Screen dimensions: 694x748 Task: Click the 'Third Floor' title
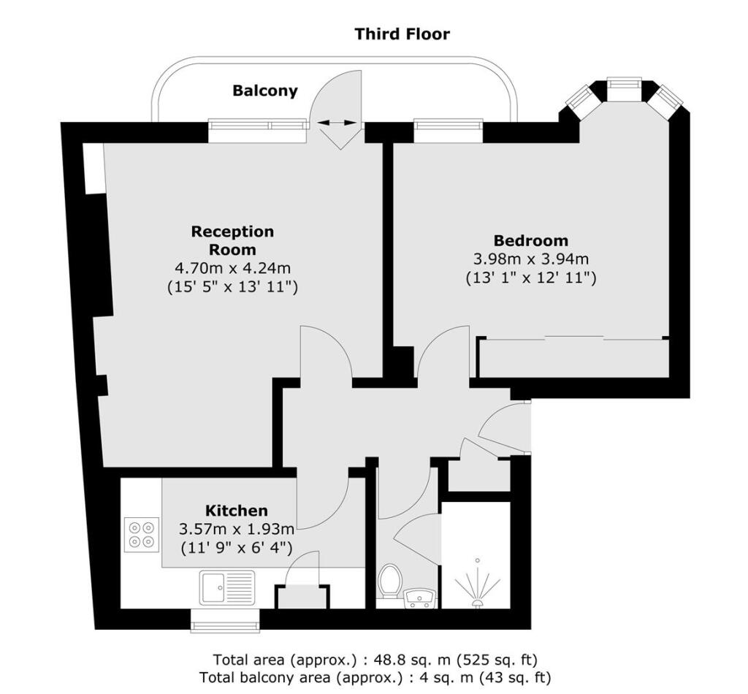[402, 34]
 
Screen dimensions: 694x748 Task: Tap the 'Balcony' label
[265, 91]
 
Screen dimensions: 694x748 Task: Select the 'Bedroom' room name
[530, 240]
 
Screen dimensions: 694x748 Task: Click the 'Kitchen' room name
[236, 510]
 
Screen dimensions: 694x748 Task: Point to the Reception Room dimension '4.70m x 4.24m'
[232, 268]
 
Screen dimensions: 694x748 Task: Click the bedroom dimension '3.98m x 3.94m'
[530, 259]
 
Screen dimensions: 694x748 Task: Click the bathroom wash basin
[421, 599]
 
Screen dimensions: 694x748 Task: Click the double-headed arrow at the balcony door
[337, 123]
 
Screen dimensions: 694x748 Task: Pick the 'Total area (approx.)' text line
[375, 660]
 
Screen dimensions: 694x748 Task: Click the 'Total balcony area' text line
[375, 677]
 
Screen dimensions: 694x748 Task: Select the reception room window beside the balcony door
[257, 131]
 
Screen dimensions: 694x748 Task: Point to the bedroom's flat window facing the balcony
[448, 131]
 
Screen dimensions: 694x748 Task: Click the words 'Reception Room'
[232, 240]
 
